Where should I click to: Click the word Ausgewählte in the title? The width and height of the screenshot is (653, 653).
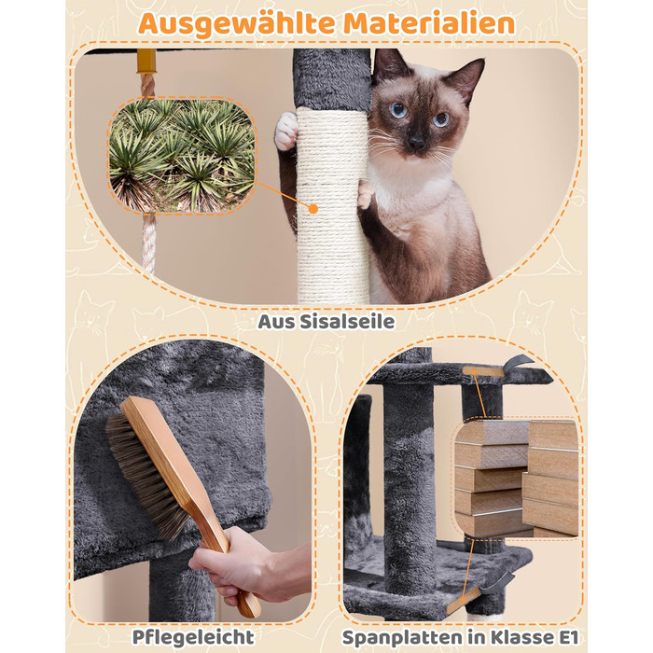pos(236,24)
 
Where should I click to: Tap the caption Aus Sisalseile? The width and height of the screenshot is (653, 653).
pos(326,322)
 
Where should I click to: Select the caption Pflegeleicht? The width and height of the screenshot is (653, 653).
pos(193,637)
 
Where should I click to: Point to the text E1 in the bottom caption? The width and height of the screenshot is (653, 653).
pos(568,637)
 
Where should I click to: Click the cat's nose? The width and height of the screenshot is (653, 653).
pos(416,143)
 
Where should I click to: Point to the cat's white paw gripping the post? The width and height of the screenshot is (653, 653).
pos(286,132)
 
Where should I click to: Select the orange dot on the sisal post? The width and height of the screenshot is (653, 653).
pos(313,209)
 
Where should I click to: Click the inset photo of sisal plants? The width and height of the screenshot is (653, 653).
pos(182,156)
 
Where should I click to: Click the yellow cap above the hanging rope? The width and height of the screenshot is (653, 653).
pos(146,61)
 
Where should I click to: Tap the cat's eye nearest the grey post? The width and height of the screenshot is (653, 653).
pos(398,110)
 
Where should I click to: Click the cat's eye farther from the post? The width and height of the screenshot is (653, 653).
pos(441,119)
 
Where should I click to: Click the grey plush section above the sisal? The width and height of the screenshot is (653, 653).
pos(332,79)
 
